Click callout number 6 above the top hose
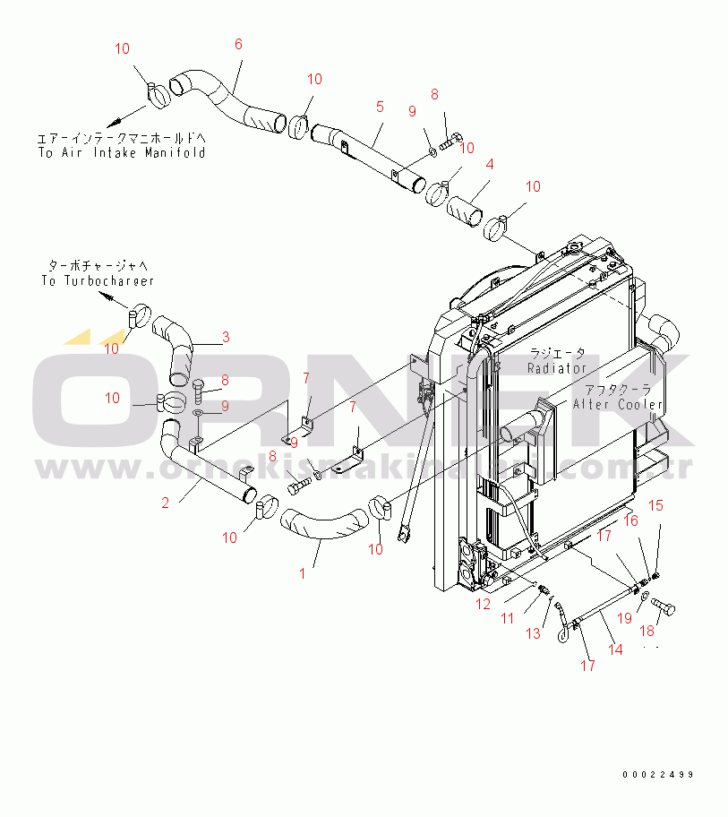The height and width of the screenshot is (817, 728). [x=238, y=44]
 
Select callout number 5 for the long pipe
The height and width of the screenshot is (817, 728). [x=380, y=107]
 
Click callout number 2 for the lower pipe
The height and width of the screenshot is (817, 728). [x=165, y=503]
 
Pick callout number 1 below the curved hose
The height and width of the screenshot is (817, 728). [x=302, y=572]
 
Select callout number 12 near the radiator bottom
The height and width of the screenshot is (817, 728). [x=483, y=604]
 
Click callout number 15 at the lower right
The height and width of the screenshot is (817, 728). [x=655, y=506]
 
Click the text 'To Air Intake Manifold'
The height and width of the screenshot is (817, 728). [x=121, y=152]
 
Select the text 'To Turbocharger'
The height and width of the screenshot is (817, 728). [x=98, y=280]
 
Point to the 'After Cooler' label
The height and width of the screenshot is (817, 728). [x=618, y=404]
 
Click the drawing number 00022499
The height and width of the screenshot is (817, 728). [x=659, y=775]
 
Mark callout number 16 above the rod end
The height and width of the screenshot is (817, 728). [x=630, y=520]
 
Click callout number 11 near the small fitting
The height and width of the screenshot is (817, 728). [x=507, y=618]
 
